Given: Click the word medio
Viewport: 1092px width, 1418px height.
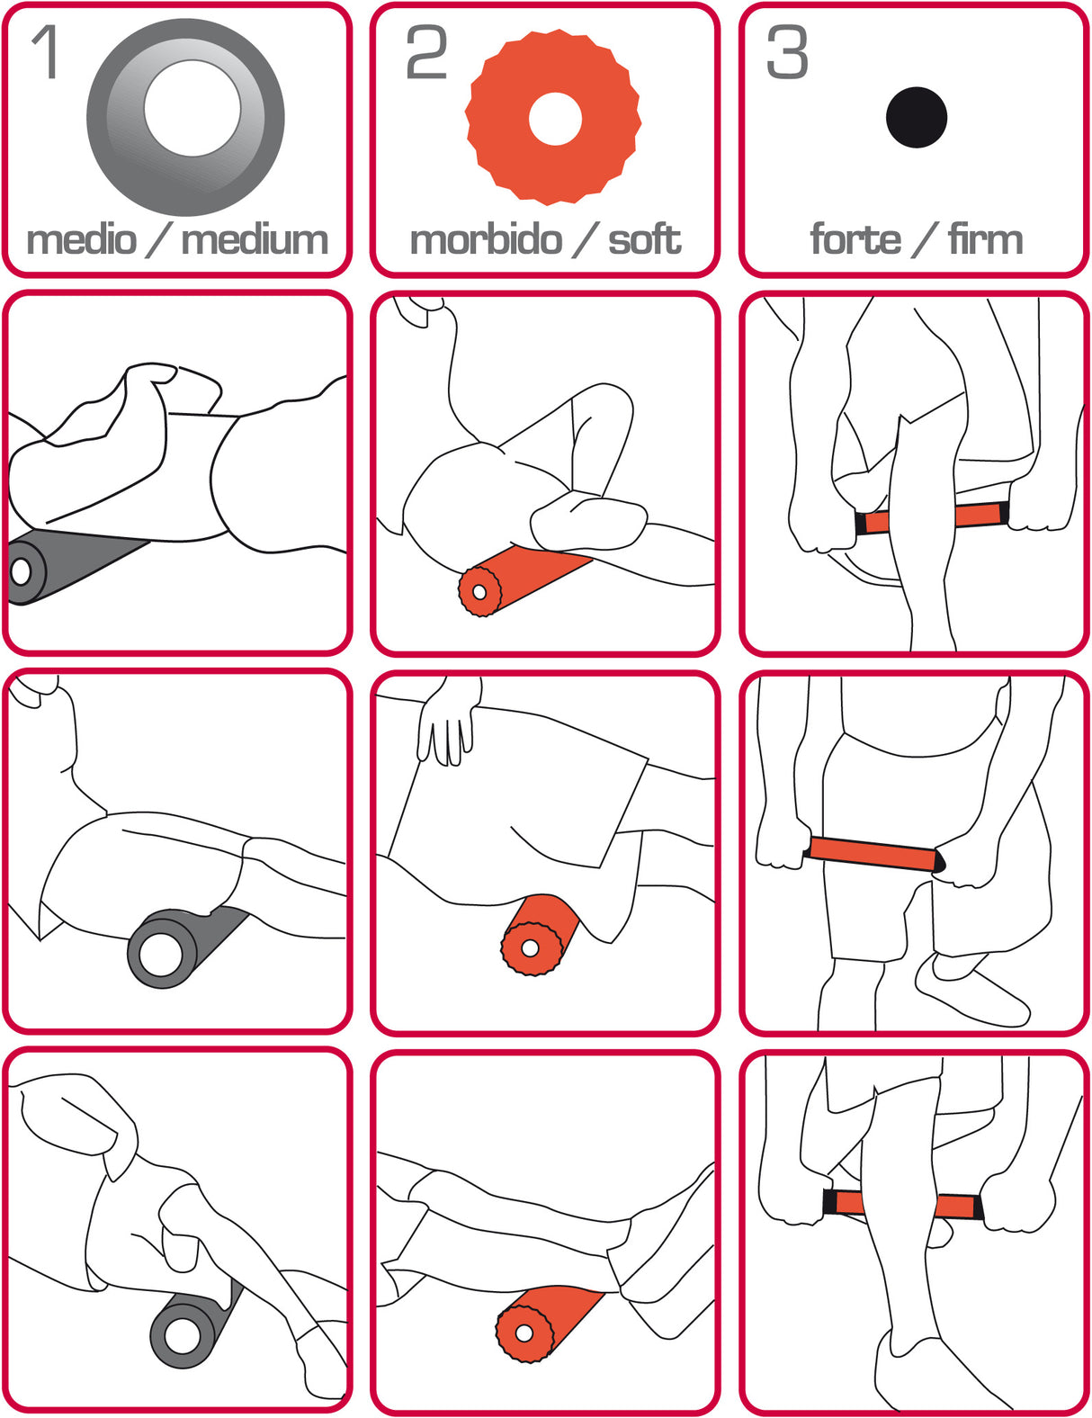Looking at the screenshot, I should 81,240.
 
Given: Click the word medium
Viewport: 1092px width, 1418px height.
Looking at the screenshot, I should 255,240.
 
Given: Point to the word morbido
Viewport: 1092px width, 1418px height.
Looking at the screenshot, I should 486,240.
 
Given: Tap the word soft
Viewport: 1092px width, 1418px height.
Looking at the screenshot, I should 644,240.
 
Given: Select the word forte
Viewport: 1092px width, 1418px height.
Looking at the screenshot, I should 855,240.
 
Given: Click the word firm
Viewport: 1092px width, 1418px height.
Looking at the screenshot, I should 985,240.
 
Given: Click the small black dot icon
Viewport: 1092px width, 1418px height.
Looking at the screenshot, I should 916,118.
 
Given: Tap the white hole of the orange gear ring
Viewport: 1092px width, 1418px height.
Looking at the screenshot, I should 555,119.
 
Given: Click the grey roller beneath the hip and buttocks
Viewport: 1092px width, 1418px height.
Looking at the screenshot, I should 180,945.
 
